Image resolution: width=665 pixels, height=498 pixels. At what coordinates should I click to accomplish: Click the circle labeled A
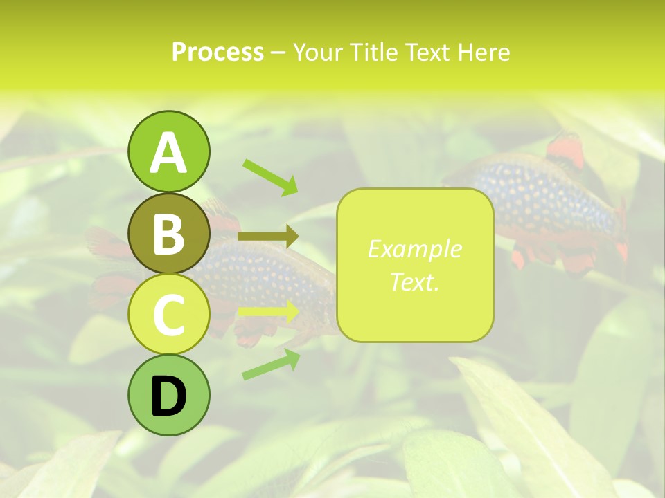click(x=168, y=152)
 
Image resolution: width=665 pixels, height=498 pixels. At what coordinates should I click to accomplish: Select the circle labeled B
click(x=168, y=234)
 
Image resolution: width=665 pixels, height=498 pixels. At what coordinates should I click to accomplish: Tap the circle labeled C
click(x=168, y=315)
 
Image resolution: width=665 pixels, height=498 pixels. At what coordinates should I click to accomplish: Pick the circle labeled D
click(x=168, y=396)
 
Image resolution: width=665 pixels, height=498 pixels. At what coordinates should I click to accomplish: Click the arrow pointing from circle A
click(x=270, y=177)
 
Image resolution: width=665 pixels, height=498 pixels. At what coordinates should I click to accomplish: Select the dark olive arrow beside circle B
click(x=268, y=237)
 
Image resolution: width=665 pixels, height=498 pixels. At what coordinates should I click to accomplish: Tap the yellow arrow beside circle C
click(x=268, y=312)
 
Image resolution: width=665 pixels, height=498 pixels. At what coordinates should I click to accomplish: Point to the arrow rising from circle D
click(x=271, y=365)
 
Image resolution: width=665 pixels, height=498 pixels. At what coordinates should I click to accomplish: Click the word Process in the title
click(x=218, y=52)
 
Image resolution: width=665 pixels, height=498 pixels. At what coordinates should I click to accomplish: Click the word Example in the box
click(x=414, y=249)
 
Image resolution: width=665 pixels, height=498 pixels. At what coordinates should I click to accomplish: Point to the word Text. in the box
click(x=414, y=282)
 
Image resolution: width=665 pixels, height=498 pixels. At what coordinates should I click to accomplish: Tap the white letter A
click(x=168, y=152)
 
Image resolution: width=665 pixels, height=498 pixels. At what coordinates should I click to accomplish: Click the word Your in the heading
click(x=319, y=52)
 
